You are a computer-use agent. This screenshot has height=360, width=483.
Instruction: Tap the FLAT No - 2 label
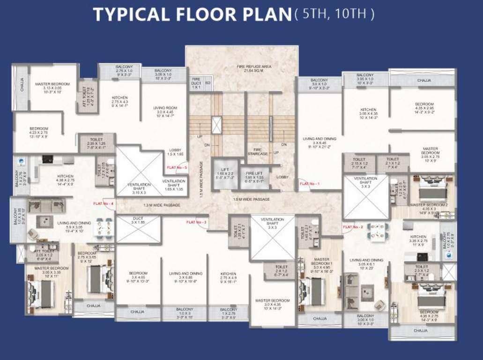[353, 227]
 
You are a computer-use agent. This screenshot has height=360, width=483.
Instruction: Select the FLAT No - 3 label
[196, 222]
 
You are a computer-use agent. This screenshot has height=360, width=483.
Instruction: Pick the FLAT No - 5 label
[178, 167]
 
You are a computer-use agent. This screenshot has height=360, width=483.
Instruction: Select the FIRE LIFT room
[254, 177]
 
